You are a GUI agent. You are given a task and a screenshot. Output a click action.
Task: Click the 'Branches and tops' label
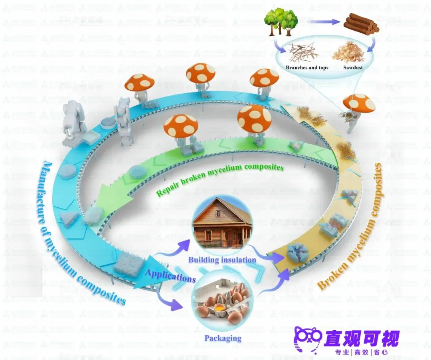coord(307,68)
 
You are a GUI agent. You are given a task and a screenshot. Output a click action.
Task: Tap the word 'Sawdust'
coord(353,68)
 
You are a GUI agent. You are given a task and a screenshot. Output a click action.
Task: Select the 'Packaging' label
coord(223,338)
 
